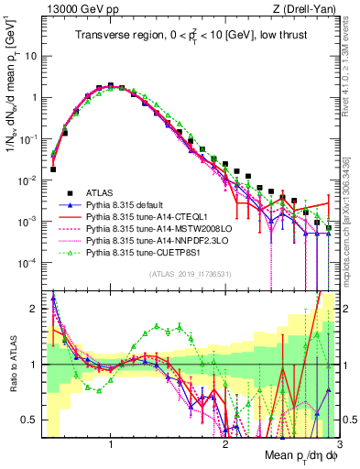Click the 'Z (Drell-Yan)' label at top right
pos(310,9)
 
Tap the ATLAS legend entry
pos(99,192)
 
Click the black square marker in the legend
pos(63,192)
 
